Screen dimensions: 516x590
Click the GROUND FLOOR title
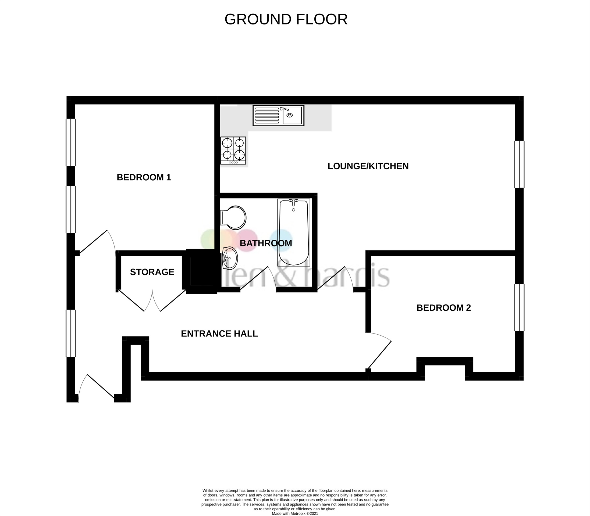286,19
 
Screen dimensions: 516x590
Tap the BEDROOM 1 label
144,177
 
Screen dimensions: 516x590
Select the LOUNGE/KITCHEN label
368,166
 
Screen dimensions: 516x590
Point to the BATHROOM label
266,243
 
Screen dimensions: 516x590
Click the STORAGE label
152,272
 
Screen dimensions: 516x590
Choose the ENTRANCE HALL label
219,334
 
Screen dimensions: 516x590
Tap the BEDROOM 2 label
443,308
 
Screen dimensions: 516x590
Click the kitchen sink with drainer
278,116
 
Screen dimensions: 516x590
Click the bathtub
294,232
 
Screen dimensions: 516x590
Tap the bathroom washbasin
230,258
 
